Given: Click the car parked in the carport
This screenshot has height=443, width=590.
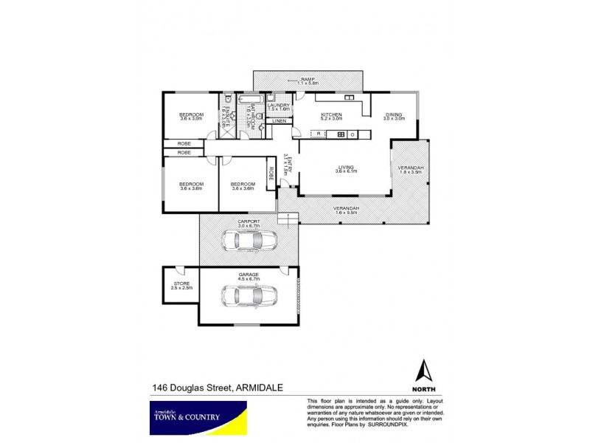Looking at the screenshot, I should coord(249,241).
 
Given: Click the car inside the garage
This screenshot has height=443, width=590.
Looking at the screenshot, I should coord(249,295).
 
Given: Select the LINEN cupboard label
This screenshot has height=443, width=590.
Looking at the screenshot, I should coord(279,120).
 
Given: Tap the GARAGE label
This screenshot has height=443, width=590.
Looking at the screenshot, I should coord(248,273).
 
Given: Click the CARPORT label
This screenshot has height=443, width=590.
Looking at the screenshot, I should coord(247,221).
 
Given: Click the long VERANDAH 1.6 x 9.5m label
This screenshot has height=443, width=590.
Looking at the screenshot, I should coord(346,210).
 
